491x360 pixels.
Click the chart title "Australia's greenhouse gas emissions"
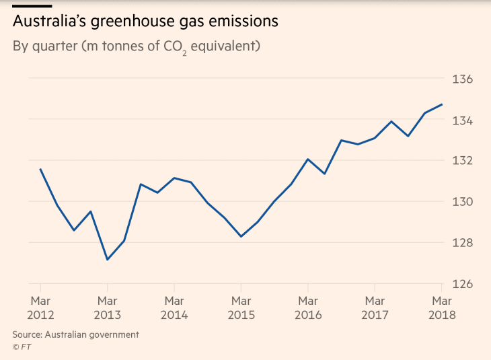tap(145, 22)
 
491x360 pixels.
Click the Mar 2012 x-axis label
tap(40, 308)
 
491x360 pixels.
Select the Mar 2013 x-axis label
tap(107, 308)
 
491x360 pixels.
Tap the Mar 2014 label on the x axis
tap(174, 308)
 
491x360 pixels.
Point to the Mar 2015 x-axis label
tap(241, 308)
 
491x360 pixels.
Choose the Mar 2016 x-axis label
tap(307, 308)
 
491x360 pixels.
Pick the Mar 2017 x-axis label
tap(375, 308)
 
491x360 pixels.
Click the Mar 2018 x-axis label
tap(441, 308)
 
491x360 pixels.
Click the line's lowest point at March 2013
tap(107, 260)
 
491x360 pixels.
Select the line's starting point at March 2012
tap(40, 170)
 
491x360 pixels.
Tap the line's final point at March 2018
tap(441, 104)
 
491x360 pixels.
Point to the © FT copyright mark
tap(22, 347)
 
